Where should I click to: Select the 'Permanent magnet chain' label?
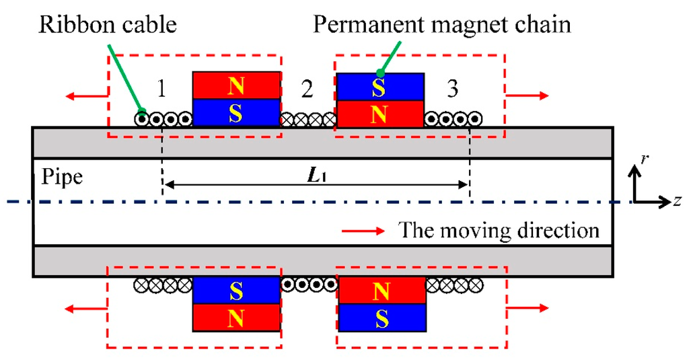pyautogui.click(x=442, y=25)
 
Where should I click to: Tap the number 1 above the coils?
pyautogui.click(x=161, y=88)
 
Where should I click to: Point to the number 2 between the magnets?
pyautogui.click(x=307, y=88)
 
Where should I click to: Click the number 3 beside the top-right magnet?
pyautogui.click(x=453, y=88)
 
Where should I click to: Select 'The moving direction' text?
pyautogui.click(x=499, y=231)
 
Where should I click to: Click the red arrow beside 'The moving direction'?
pyautogui.click(x=363, y=231)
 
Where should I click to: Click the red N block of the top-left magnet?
pyautogui.click(x=236, y=85)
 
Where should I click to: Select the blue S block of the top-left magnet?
pyautogui.click(x=236, y=112)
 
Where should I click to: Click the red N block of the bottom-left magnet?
pyautogui.click(x=236, y=317)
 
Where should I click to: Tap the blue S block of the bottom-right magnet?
pyautogui.click(x=380, y=317)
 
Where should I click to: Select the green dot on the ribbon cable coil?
pyautogui.click(x=142, y=111)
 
